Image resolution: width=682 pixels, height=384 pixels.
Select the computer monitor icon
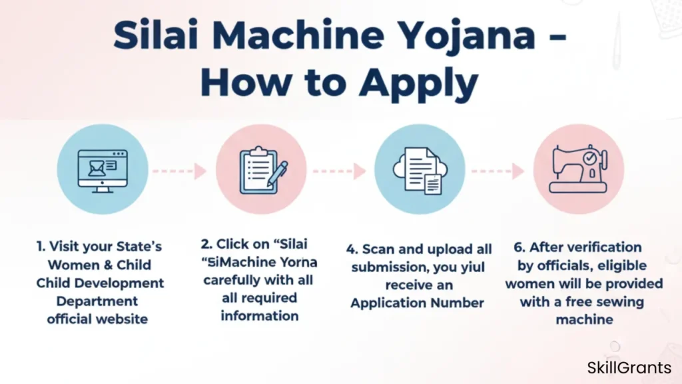[102, 170]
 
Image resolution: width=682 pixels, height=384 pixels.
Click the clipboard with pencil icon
[261, 170]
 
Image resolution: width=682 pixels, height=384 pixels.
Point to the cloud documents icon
[420, 170]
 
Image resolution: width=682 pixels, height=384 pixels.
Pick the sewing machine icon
[578, 170]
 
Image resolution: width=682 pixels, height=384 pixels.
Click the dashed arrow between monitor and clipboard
[179, 171]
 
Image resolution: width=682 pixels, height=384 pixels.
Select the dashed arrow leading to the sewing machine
[497, 171]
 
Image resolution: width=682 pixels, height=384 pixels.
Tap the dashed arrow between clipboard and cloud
[339, 171]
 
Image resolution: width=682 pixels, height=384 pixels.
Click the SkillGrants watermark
[629, 367]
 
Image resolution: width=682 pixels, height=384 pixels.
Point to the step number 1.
[39, 247]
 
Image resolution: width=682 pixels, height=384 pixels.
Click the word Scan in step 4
[376, 249]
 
